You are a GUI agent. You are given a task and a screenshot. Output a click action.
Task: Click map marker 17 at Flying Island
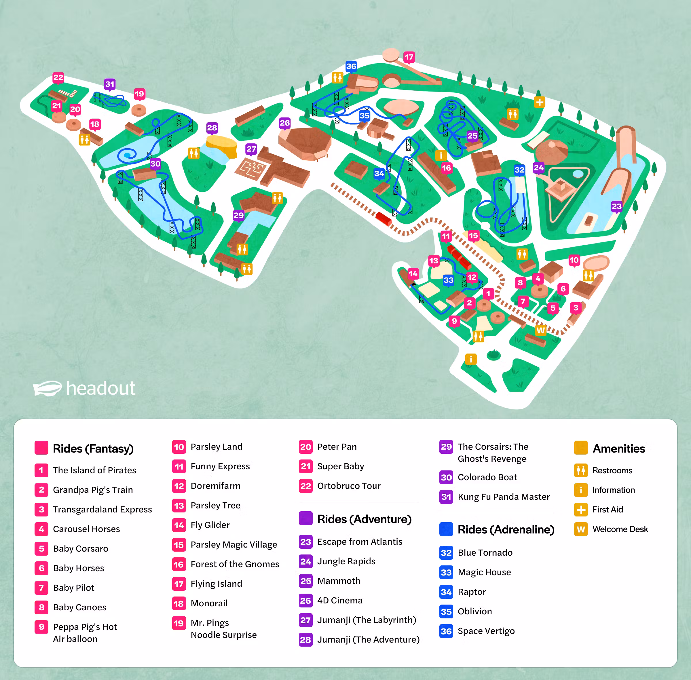pos(409,56)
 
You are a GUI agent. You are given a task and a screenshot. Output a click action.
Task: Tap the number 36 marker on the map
pos(351,66)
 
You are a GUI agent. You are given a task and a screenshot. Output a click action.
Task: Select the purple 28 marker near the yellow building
pos(212,128)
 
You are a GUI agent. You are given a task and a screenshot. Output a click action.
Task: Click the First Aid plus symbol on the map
pos(540,102)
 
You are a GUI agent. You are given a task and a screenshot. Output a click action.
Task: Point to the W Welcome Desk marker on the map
pos(541,330)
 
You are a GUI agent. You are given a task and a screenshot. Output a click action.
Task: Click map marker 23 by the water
pos(616,206)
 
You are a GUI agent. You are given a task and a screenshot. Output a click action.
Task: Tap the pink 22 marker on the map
pos(58,77)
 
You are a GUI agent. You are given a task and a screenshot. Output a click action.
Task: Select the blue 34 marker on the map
pos(379,174)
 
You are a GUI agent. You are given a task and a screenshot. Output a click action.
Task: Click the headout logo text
pos(101,388)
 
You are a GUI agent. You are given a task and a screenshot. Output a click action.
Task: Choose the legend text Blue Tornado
pos(485,552)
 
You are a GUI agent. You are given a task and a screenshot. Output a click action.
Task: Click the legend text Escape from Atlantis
pos(360,542)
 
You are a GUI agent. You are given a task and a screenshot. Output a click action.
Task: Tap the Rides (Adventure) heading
pos(364,519)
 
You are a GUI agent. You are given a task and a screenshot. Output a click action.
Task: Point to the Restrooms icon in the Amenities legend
pos(581,470)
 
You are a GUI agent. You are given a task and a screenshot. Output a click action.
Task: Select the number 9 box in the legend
pos(41,626)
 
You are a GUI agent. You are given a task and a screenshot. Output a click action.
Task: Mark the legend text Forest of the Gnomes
pos(235,564)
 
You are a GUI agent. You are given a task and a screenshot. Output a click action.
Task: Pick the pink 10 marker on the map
pos(574,260)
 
